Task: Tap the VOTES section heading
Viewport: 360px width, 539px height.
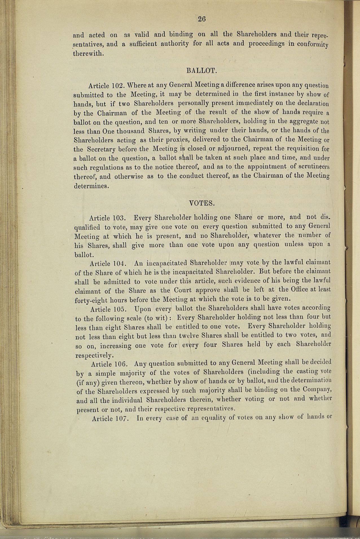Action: point(201,203)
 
